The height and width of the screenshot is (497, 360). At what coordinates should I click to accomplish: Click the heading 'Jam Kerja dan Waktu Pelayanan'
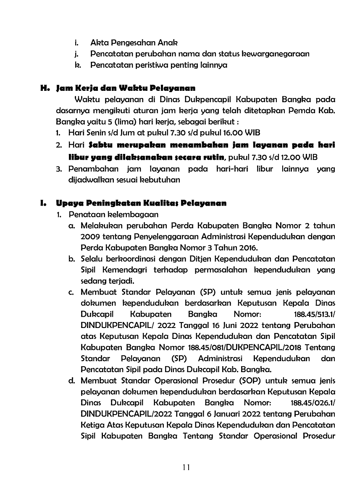[x=126, y=89]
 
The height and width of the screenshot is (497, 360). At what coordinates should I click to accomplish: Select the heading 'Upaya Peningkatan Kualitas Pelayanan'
[x=141, y=204]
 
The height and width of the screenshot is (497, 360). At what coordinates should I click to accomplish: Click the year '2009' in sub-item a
[x=89, y=237]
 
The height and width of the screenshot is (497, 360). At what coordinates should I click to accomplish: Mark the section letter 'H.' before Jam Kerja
[x=45, y=89]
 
